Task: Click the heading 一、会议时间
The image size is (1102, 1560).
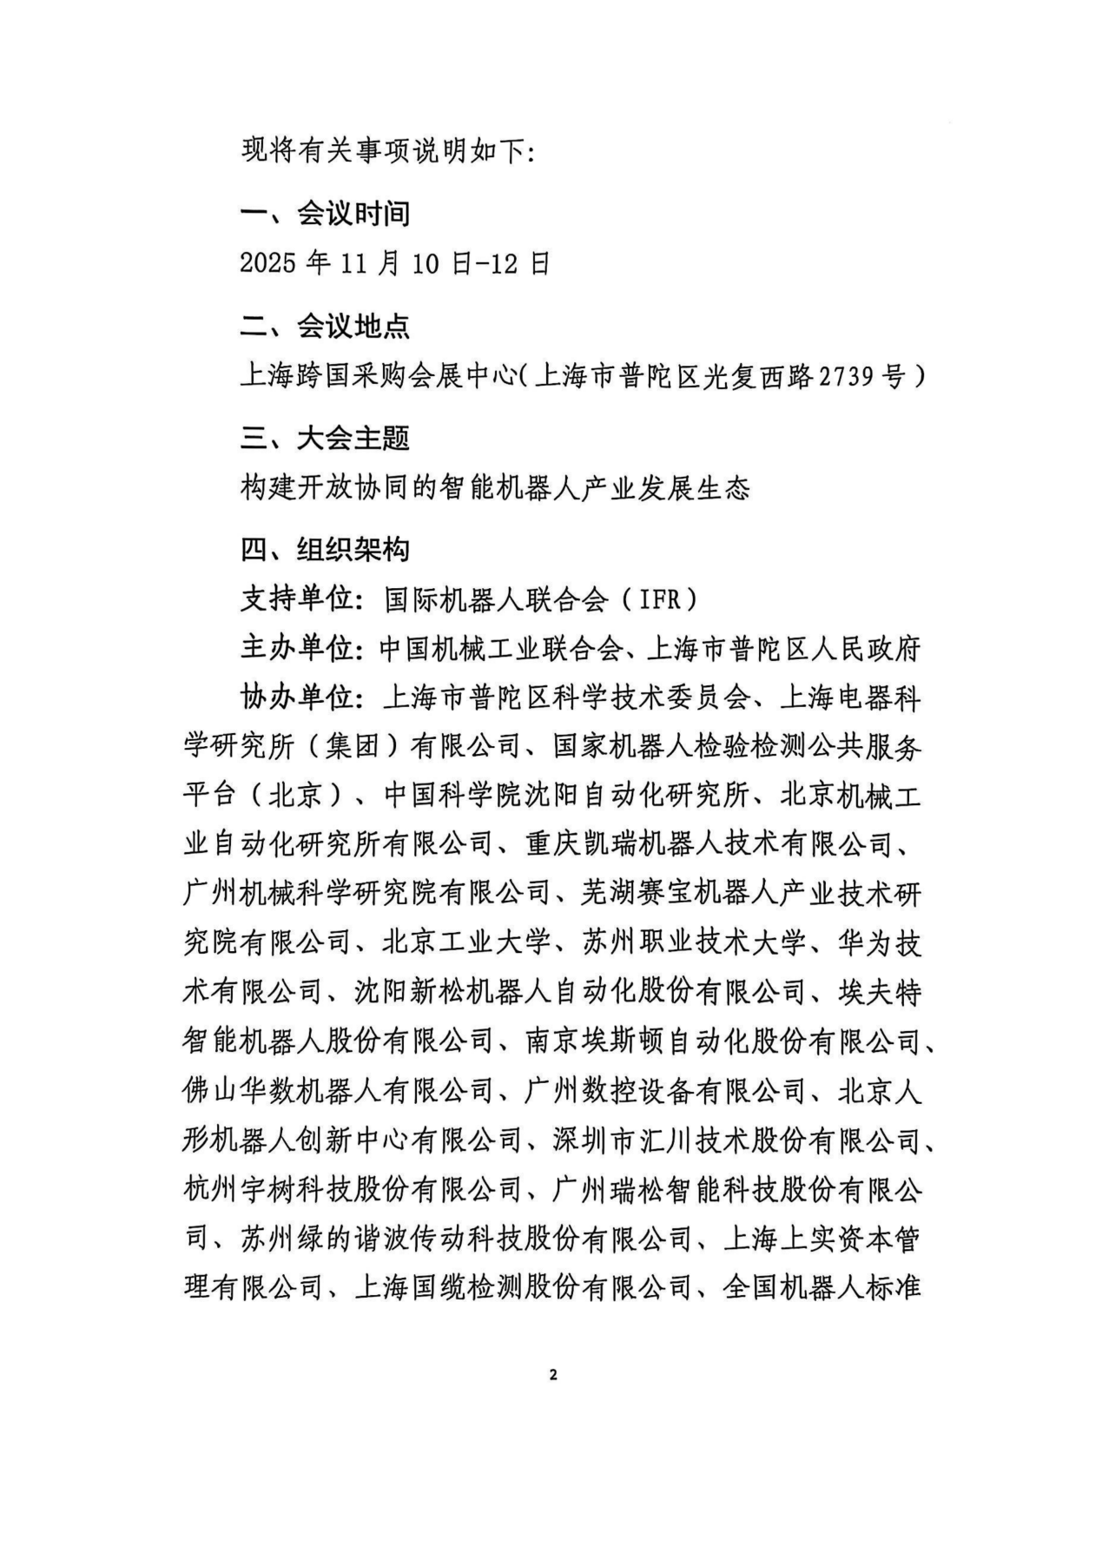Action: coord(325,214)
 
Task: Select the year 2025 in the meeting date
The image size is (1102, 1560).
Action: coord(268,263)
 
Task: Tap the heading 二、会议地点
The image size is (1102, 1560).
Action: coord(325,327)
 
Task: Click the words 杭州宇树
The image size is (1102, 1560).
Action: coord(239,1189)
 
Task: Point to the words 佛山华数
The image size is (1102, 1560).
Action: coord(239,1091)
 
